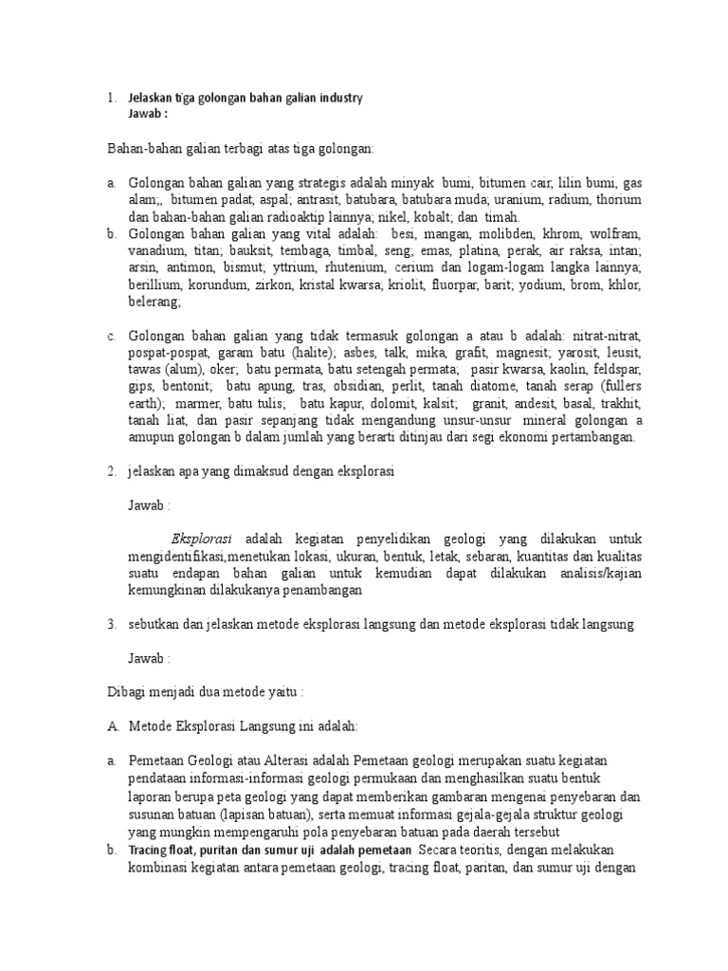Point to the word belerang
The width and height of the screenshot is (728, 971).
pyautogui.click(x=153, y=302)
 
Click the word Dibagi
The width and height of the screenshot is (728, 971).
pyautogui.click(x=125, y=693)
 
